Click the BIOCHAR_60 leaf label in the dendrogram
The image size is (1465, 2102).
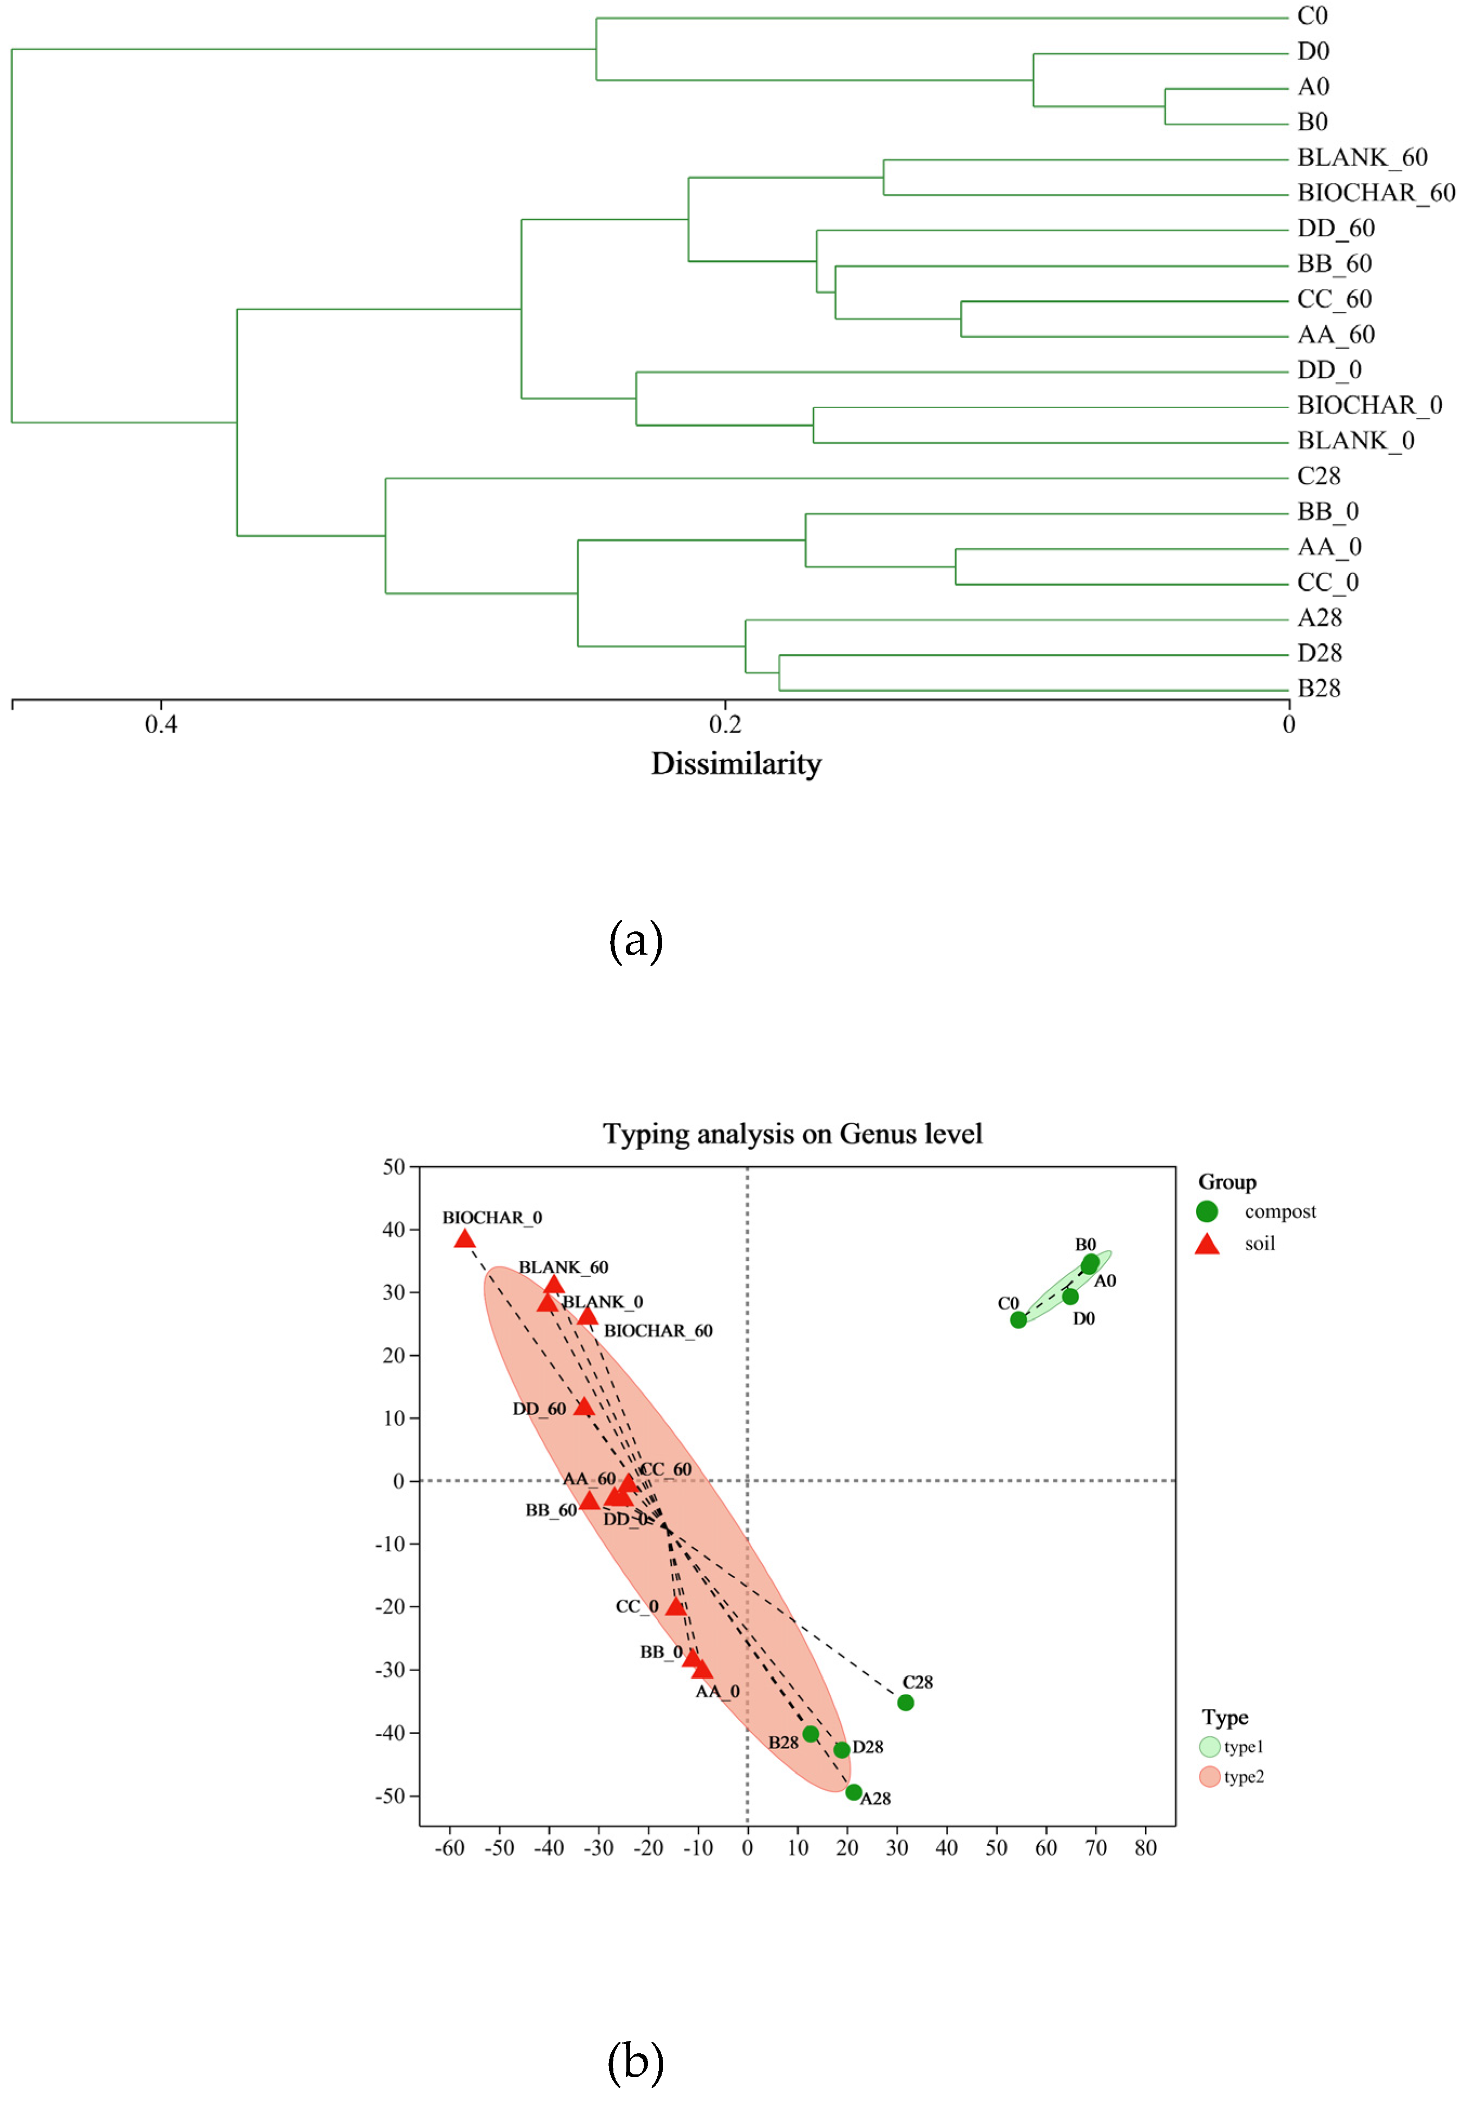tap(1375, 193)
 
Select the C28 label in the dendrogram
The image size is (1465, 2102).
tap(1318, 476)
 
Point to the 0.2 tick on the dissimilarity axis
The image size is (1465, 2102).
tap(725, 724)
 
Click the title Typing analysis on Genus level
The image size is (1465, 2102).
tap(792, 1134)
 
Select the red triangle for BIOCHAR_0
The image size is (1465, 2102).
tap(464, 1239)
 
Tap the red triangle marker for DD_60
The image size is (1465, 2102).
tap(583, 1406)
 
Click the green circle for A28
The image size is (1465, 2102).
tap(853, 1792)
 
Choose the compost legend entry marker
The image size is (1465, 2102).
tap(1207, 1211)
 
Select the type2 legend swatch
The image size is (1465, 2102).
tap(1209, 1777)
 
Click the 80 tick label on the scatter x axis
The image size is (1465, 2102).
tap(1146, 1848)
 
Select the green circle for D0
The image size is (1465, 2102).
tap(1069, 1296)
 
